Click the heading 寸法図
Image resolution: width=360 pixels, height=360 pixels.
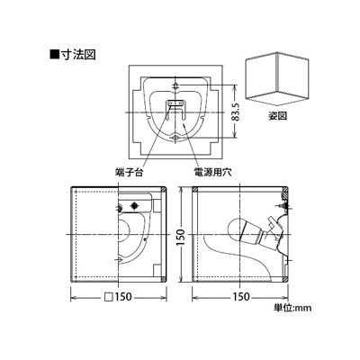pos(77,55)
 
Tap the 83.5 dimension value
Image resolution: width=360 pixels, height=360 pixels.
pos(238,112)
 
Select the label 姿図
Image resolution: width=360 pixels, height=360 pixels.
pos(277,116)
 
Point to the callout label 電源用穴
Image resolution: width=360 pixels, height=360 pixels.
pos(212,173)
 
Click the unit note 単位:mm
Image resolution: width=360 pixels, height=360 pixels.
pos(292,308)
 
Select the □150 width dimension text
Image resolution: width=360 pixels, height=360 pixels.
pos(118,297)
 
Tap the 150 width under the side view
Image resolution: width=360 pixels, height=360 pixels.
pos(241,297)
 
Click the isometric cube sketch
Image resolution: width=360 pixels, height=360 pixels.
pos(277,79)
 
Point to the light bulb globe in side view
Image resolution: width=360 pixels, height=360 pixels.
pos(236,229)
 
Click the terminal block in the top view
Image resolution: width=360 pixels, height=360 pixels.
pos(175,103)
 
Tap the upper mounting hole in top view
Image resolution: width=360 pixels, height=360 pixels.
pos(175,86)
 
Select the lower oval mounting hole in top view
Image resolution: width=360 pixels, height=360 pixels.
pos(175,138)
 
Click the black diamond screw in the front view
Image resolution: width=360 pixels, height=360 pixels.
pos(134,205)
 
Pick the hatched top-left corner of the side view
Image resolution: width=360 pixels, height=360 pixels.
pos(194,190)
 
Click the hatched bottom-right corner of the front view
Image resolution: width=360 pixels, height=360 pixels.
pos(163,279)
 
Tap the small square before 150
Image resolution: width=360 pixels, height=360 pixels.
pos(108,297)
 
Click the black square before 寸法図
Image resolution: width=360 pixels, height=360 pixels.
pos(54,55)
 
